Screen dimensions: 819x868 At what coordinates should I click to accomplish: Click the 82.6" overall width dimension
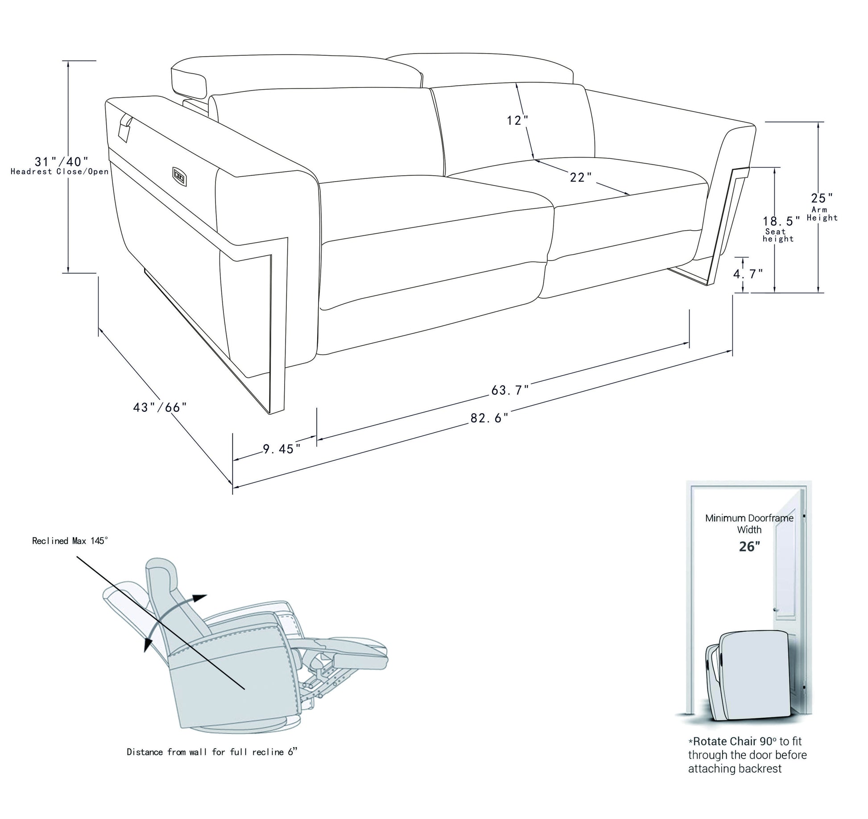(489, 418)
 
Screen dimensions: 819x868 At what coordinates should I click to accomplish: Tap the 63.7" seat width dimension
(510, 390)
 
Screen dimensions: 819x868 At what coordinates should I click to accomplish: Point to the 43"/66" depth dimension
(160, 407)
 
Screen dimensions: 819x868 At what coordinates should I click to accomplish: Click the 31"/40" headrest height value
(62, 161)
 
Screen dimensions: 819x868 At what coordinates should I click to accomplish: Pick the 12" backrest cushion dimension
(517, 120)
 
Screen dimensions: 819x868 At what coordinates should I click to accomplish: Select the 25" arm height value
(822, 198)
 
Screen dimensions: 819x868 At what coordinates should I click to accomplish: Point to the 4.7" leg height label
(748, 274)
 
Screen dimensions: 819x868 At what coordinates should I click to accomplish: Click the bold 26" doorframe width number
(749, 546)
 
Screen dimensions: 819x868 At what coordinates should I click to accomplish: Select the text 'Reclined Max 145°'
(70, 541)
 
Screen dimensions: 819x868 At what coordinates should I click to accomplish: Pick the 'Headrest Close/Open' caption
(60, 172)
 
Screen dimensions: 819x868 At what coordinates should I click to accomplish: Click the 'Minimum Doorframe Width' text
(749, 524)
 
